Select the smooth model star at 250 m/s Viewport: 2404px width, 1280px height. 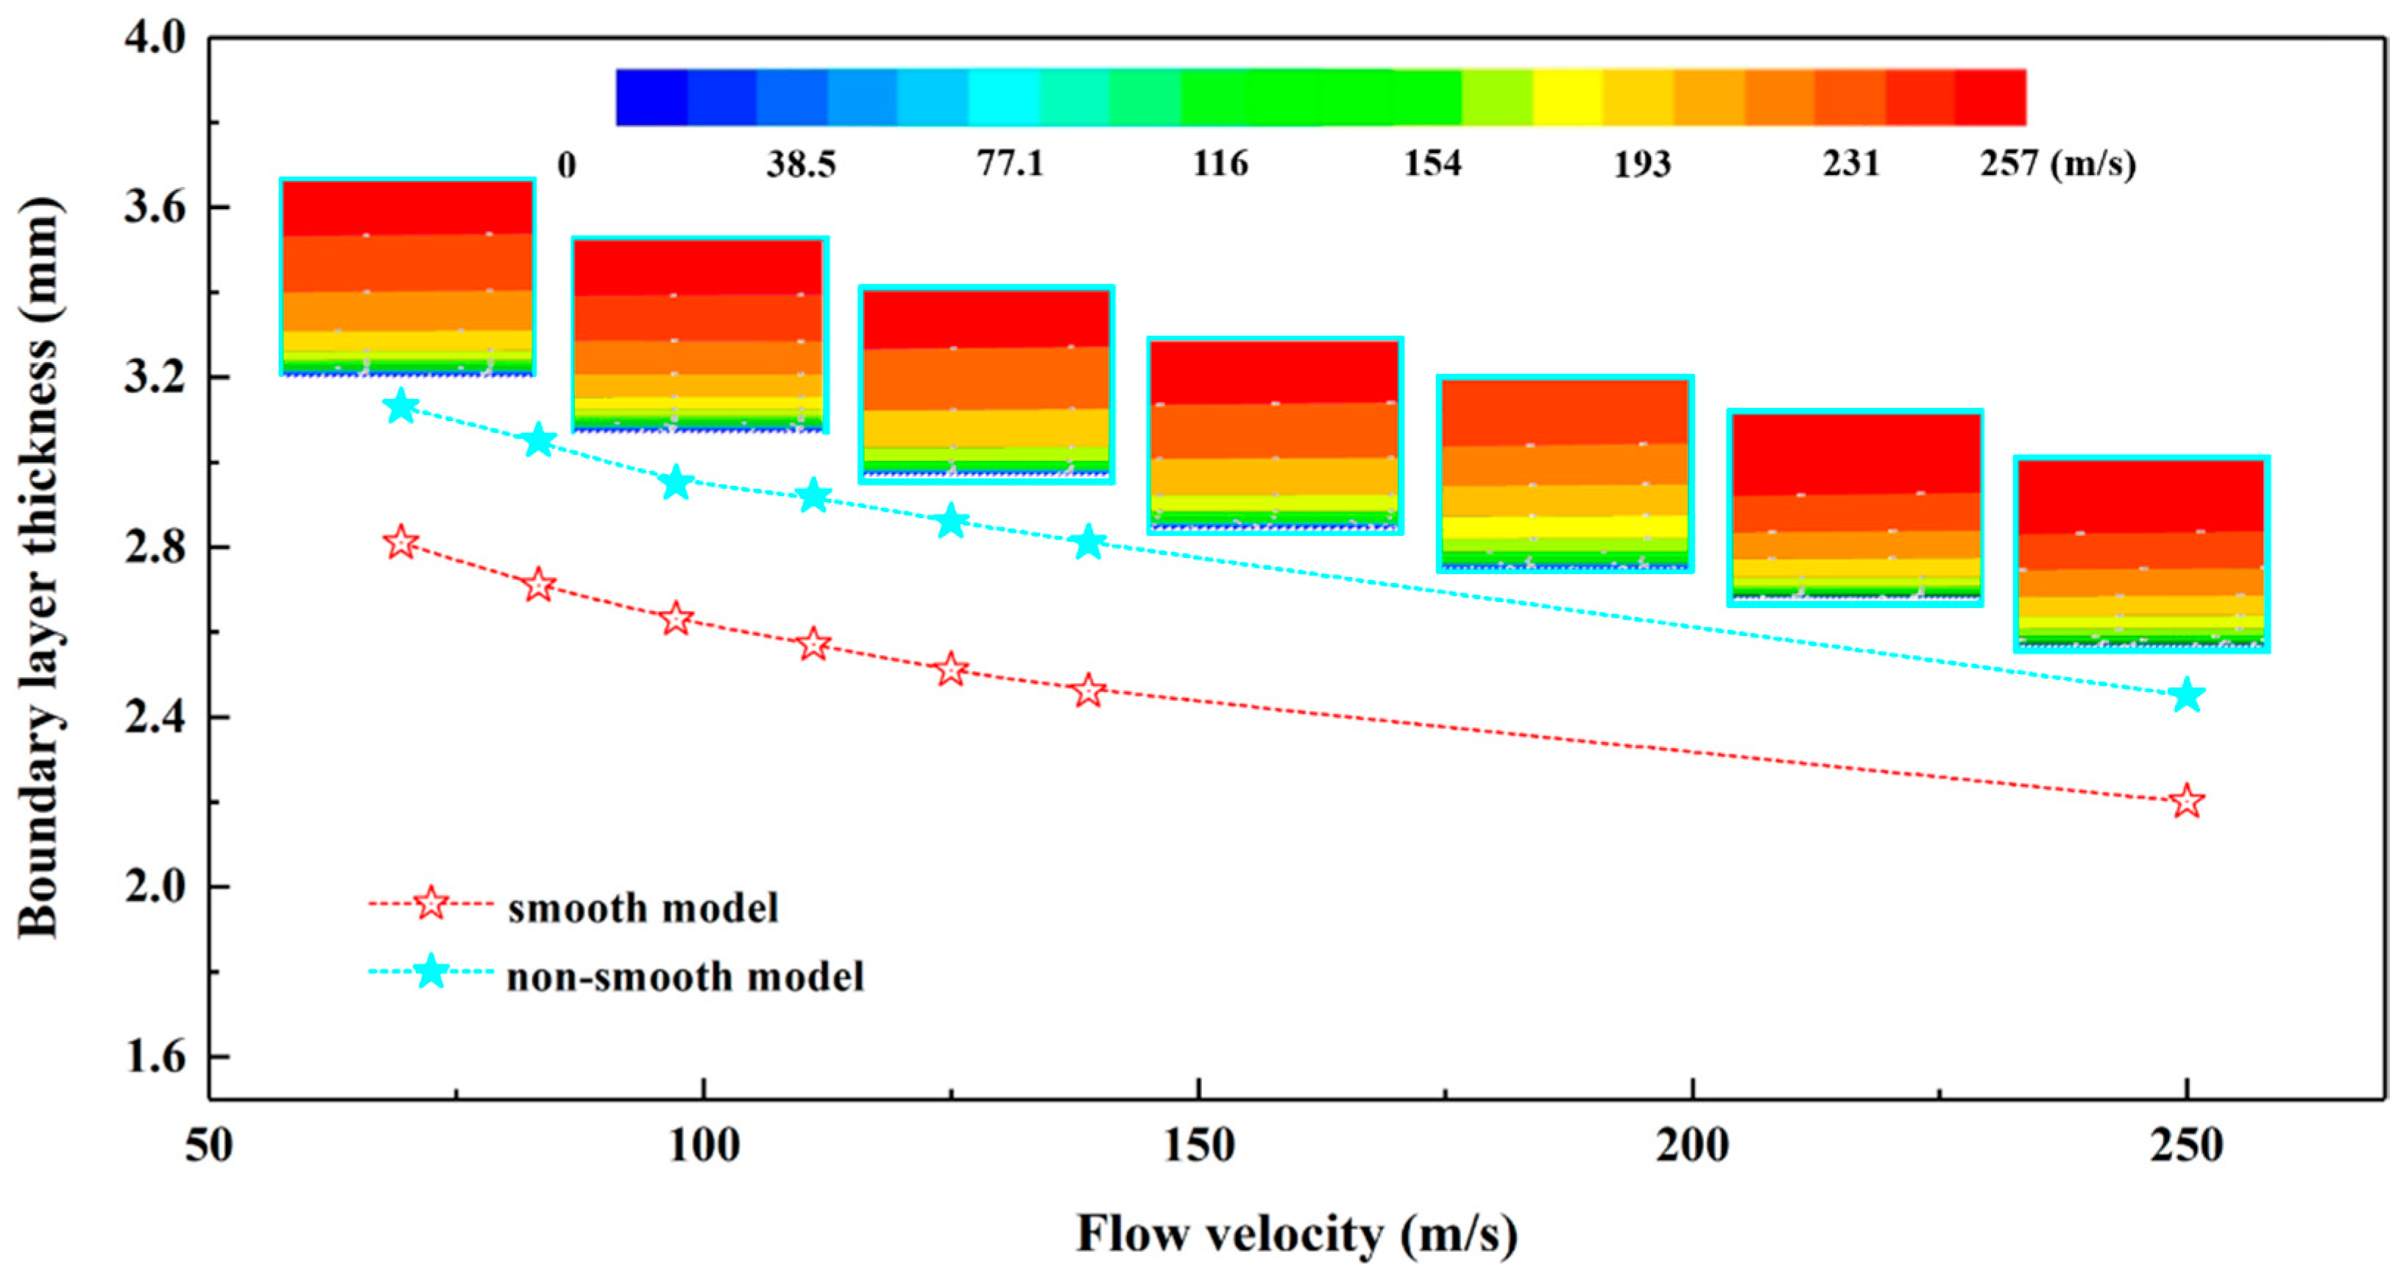2185,802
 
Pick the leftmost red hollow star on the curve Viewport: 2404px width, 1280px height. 401,542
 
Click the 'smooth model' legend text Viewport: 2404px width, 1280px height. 642,908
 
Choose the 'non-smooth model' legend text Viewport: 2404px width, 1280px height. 685,977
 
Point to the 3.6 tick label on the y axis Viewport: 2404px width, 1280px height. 154,207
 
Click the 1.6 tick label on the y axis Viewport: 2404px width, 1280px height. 154,1057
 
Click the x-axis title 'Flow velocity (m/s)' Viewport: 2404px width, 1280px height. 1297,1234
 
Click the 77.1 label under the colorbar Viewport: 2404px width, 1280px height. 1010,164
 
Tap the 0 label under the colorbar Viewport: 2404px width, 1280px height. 567,166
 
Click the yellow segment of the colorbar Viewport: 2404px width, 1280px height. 1568,97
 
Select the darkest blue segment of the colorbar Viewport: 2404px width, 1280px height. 651,97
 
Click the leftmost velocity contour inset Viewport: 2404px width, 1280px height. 407,277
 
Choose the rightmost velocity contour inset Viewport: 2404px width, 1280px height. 2140,554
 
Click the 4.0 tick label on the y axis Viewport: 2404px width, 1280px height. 154,39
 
